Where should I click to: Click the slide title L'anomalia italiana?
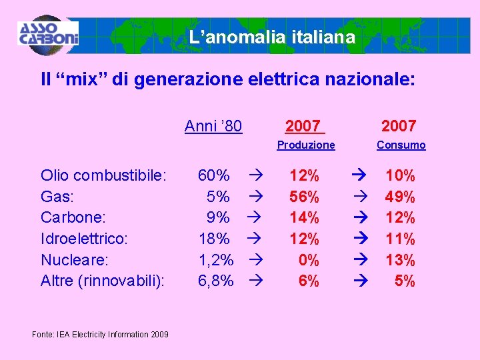point(271,37)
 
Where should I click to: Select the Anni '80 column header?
point(213,126)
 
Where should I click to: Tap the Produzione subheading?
point(306,145)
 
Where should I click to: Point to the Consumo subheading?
point(401,145)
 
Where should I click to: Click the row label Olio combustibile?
point(103,176)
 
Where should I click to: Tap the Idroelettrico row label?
point(83,239)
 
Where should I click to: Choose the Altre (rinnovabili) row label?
point(103,281)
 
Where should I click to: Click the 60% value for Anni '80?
point(214,176)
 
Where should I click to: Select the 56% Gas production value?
point(304,197)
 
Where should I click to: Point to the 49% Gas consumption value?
point(400,197)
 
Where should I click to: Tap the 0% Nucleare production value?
point(309,260)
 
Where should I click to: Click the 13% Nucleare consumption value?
point(400,260)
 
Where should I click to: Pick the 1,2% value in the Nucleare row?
point(216,260)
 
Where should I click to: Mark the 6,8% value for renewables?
point(216,281)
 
